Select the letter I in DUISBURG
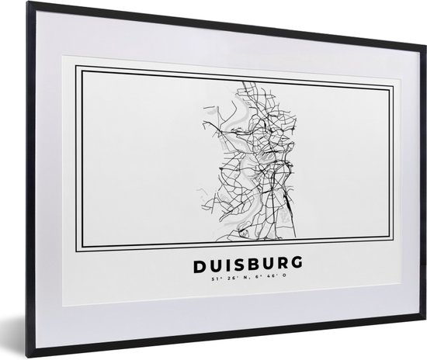coord(220,266)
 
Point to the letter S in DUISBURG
coord(231,266)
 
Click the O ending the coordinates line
coord(274,282)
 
